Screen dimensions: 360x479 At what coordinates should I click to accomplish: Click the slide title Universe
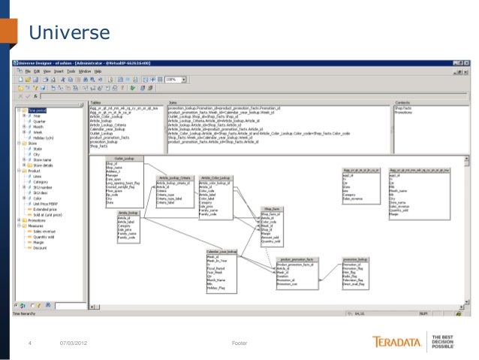(x=69, y=32)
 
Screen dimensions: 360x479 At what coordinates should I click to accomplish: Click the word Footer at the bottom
(x=239, y=343)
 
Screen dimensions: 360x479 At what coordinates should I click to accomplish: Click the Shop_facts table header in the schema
(x=270, y=209)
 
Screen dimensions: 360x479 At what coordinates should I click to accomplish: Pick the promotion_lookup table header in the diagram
(x=354, y=259)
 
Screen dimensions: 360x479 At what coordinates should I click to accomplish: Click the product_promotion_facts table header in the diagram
(x=296, y=259)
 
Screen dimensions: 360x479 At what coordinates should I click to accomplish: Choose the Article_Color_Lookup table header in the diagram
(x=215, y=177)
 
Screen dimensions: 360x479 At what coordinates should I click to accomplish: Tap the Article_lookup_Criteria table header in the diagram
(x=173, y=177)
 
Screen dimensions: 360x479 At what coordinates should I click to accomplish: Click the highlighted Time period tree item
(x=36, y=110)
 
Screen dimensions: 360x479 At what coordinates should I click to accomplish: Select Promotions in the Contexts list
(x=405, y=113)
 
